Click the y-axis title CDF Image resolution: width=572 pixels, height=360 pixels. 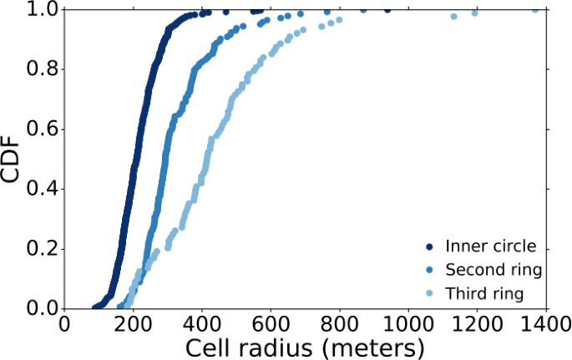click(x=12, y=158)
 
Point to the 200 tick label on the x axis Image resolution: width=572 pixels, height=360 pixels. click(x=134, y=324)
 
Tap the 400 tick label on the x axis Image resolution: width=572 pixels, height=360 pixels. click(x=203, y=324)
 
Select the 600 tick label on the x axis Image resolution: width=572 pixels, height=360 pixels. click(x=271, y=324)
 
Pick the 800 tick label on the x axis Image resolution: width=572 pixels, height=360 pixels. click(x=340, y=324)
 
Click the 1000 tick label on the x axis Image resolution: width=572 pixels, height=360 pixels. click(x=408, y=324)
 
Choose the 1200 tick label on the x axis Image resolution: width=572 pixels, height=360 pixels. click(x=477, y=324)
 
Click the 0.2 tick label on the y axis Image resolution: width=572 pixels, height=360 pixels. click(x=43, y=249)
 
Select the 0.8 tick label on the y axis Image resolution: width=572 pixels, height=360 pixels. click(x=43, y=69)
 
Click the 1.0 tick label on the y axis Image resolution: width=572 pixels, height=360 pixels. click(x=43, y=10)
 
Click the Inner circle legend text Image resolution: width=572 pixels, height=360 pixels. click(x=490, y=246)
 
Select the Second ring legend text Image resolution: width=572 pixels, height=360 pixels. click(x=494, y=270)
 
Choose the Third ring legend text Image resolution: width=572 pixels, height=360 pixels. click(x=484, y=293)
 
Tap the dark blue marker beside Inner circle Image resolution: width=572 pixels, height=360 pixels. click(x=429, y=246)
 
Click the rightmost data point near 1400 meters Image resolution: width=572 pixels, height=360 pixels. click(x=535, y=9)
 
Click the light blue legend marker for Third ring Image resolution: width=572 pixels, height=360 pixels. click(x=429, y=293)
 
